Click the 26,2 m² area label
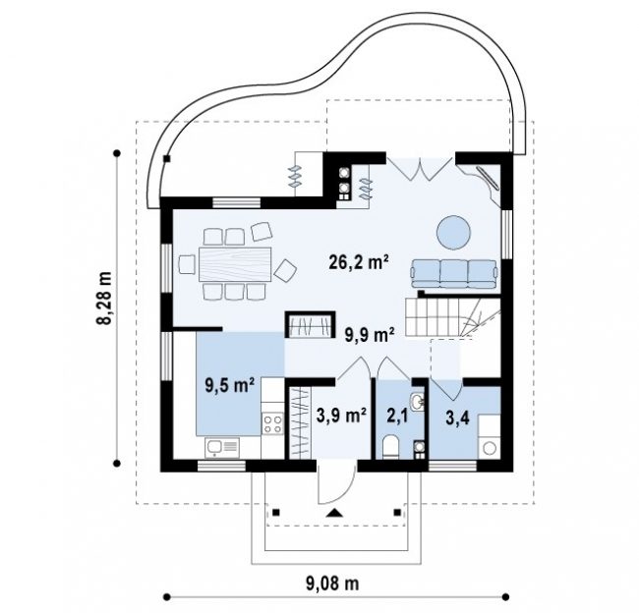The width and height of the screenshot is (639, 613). click(x=358, y=262)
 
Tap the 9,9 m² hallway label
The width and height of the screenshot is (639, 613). click(x=370, y=335)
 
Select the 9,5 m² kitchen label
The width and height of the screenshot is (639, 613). click(x=230, y=385)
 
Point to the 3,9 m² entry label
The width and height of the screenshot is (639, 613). click(x=341, y=416)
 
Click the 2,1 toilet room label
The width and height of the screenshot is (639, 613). click(x=397, y=417)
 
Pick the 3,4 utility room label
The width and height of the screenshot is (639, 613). click(x=457, y=418)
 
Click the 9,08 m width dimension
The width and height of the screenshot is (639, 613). click(x=332, y=584)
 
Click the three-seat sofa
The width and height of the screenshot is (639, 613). click(x=454, y=274)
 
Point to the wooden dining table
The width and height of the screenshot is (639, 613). click(x=235, y=264)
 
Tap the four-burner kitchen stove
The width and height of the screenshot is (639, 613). click(x=272, y=423)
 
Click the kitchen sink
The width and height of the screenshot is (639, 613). click(x=222, y=448)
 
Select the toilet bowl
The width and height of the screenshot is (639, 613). click(x=391, y=447)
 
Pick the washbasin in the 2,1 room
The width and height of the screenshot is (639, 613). click(x=417, y=402)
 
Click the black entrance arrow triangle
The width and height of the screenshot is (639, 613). click(x=335, y=513)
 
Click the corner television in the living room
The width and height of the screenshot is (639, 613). click(x=488, y=178)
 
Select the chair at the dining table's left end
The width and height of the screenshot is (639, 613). click(x=187, y=264)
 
